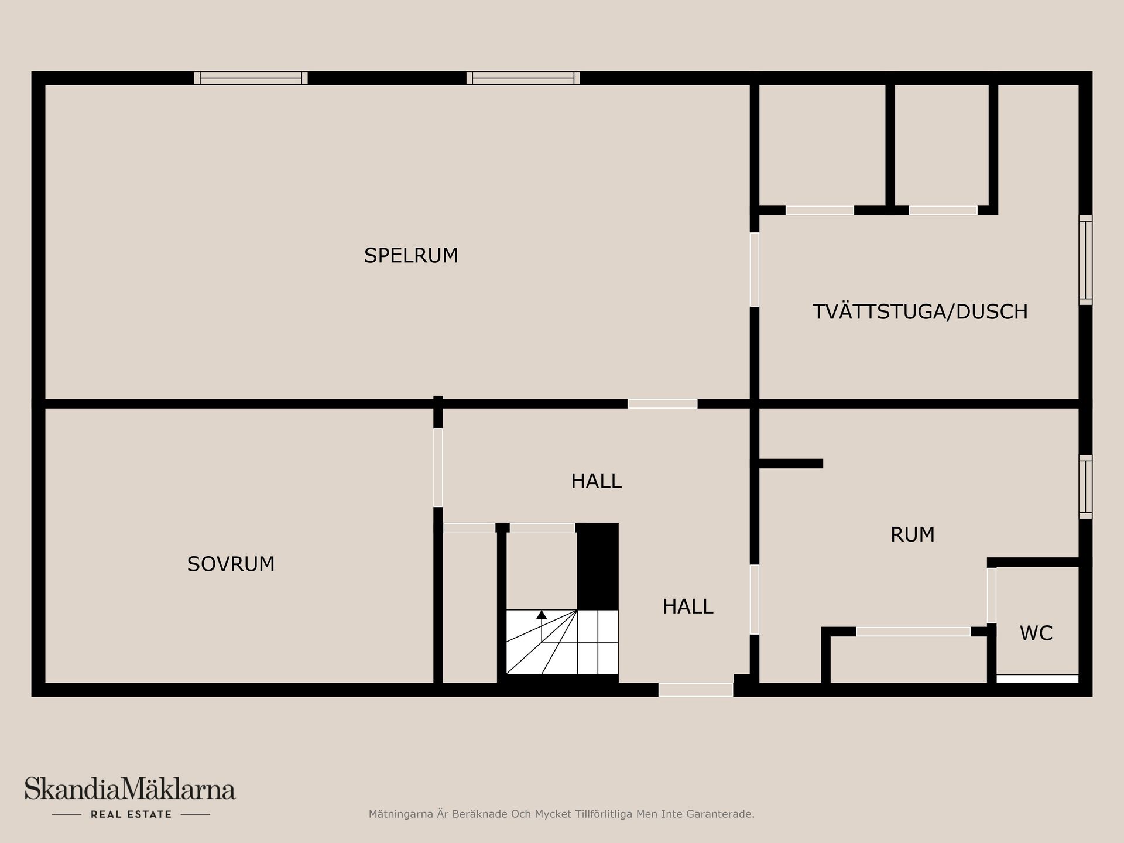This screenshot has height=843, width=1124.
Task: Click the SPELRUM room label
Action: point(411,256)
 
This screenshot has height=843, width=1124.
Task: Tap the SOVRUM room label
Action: point(231,564)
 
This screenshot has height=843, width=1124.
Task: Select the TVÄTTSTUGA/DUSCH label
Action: point(920,311)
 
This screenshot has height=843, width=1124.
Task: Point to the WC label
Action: point(1036,633)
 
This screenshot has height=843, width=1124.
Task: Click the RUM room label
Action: point(912,534)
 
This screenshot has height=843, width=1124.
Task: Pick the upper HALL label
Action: point(596,481)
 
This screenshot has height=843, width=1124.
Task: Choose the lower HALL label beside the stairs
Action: point(687,606)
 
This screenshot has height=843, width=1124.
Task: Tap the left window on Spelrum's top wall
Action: point(251,78)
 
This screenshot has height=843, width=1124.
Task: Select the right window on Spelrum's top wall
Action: point(523,78)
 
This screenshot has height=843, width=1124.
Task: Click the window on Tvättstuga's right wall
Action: point(1085,260)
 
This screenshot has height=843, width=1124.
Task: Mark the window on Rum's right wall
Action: point(1085,486)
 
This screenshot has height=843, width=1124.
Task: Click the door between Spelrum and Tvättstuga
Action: point(755,270)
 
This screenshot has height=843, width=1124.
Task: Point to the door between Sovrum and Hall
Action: point(438,467)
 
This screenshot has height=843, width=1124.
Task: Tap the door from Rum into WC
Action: point(991,595)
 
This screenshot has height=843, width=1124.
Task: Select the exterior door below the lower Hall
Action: point(695,690)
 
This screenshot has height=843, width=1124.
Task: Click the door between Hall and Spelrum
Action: point(662,403)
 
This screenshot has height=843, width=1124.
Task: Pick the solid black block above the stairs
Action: point(598,566)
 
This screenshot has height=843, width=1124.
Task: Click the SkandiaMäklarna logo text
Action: point(129,789)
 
